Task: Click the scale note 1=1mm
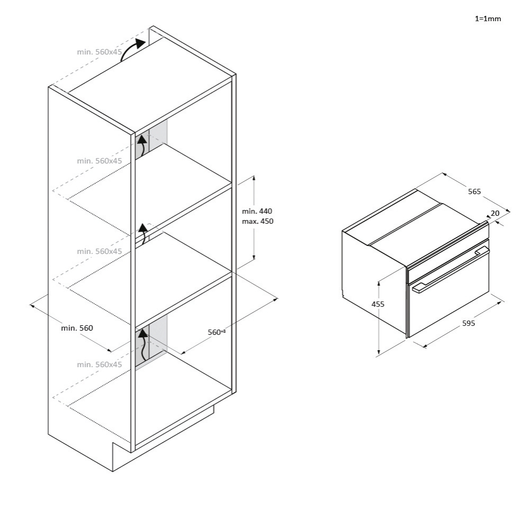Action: pos(487,19)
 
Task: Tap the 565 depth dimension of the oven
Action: pos(475,191)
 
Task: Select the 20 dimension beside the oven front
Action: pos(495,213)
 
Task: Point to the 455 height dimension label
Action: pos(378,304)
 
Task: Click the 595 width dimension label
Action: pos(468,323)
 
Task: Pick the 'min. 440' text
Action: pos(257,211)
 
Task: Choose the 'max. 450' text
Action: pos(258,221)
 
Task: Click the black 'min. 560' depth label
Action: pos(77,328)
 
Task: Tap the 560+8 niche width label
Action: pos(216,332)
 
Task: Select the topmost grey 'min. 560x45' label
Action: pos(99,52)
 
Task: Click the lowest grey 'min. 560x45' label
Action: pos(99,364)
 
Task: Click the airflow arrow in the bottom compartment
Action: pos(143,344)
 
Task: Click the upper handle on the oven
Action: pos(482,251)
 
